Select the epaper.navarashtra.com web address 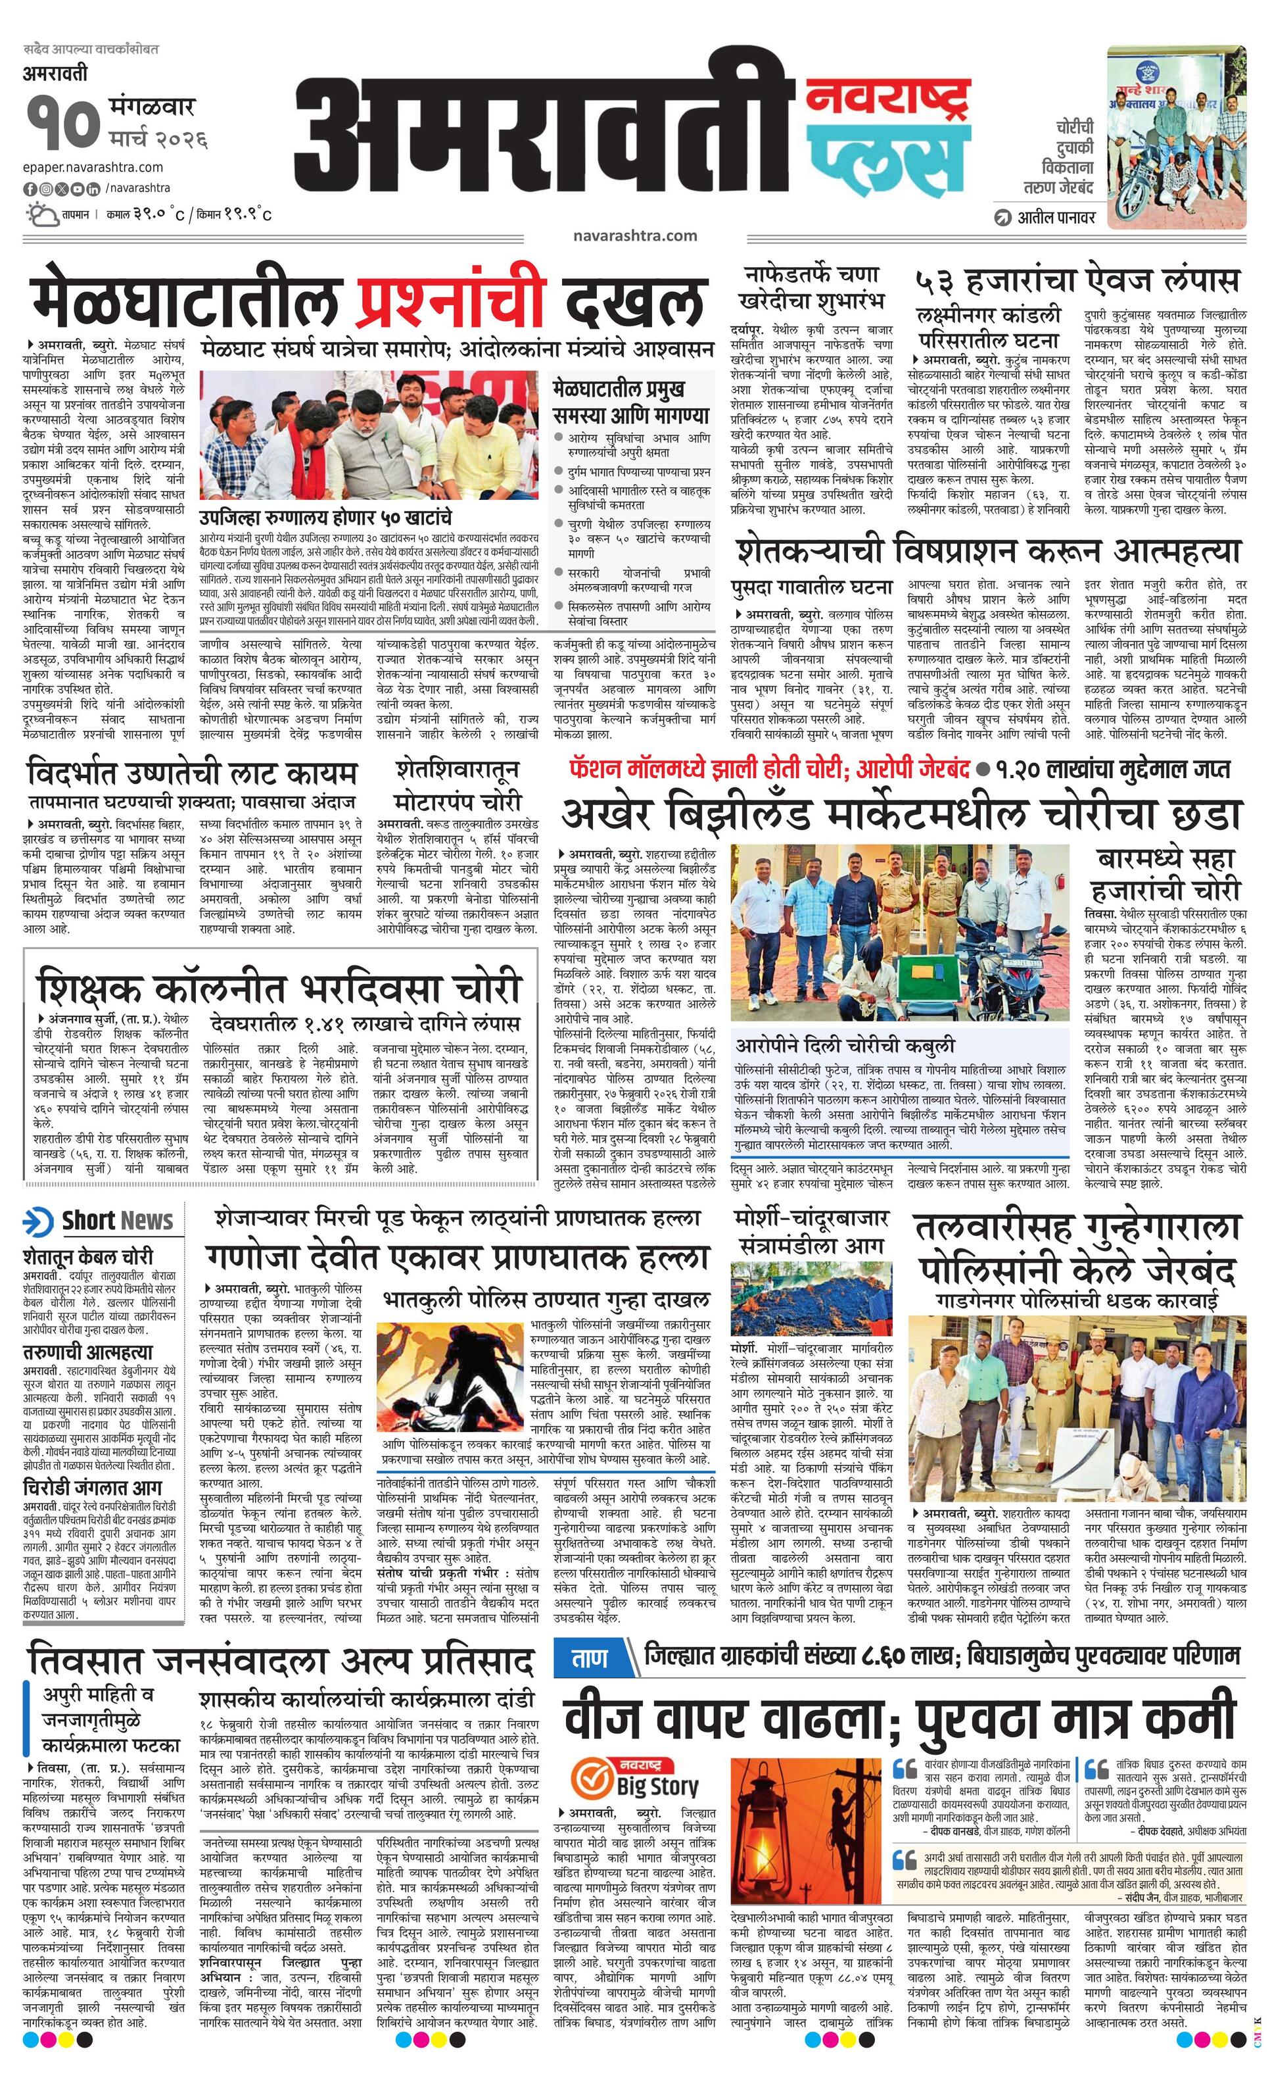point(93,167)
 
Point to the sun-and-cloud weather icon point(41,214)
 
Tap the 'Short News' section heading point(117,1219)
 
